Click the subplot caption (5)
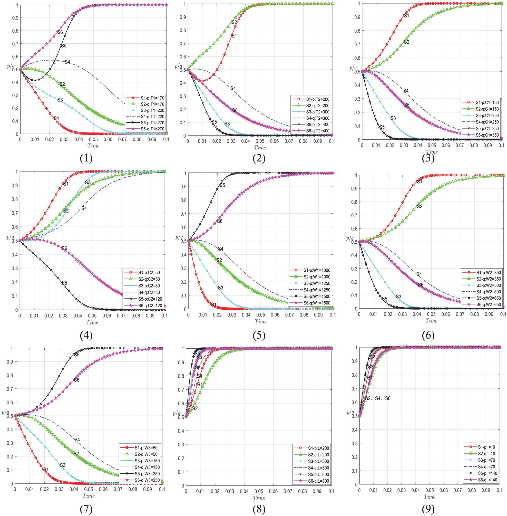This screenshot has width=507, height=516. point(259,335)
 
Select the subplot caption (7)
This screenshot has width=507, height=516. point(86,509)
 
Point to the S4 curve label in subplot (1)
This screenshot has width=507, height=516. point(67,62)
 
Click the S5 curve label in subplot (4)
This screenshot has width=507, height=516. point(64,283)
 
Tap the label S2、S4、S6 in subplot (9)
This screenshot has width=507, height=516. point(377,398)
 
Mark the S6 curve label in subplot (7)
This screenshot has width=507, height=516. point(77,380)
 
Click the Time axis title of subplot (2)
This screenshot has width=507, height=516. point(260,148)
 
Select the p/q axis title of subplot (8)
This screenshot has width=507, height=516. point(177,413)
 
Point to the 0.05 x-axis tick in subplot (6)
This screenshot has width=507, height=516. point(431,314)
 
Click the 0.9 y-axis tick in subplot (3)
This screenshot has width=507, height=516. point(357,17)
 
